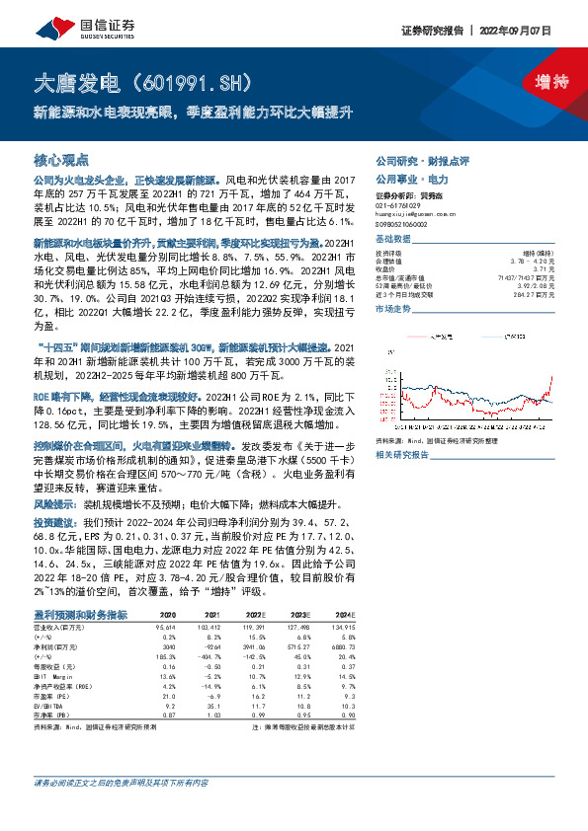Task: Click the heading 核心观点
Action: [61, 159]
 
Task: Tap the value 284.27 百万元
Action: [532, 294]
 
